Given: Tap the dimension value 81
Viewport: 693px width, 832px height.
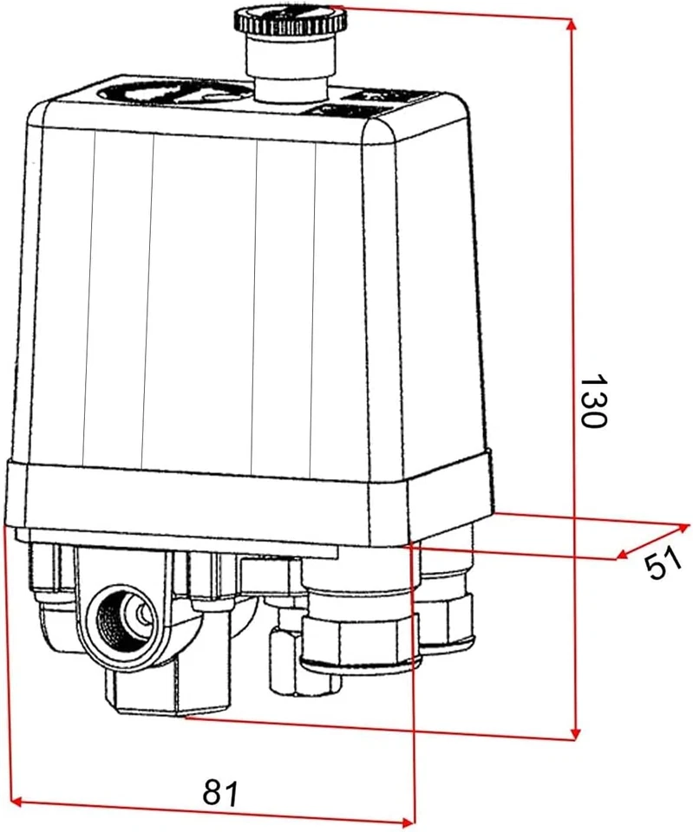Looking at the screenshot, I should [220, 790].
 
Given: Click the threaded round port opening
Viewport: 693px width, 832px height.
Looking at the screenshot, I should [122, 616].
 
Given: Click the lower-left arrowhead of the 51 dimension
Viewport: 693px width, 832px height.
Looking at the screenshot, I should [621, 555].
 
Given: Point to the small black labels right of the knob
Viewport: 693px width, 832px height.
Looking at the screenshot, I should [373, 104].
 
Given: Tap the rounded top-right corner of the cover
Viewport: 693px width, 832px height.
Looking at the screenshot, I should [460, 117].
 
